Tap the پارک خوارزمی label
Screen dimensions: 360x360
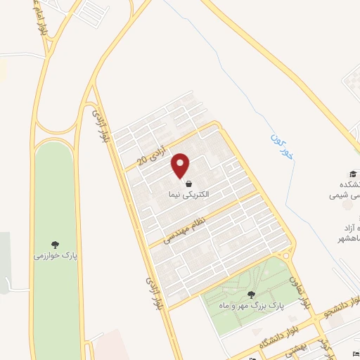pyautogui.click(x=55, y=255)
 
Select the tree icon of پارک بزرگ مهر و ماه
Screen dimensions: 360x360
pyautogui.click(x=251, y=295)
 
